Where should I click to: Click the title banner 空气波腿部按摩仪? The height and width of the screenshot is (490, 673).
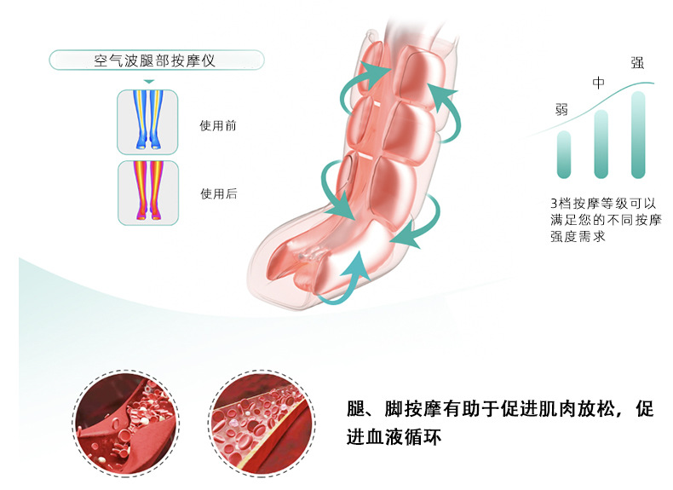click(x=157, y=61)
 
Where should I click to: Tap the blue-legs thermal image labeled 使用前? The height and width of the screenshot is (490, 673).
click(x=147, y=122)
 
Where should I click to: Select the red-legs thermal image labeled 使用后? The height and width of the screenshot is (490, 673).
click(x=147, y=193)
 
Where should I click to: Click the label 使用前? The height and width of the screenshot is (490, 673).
click(x=218, y=125)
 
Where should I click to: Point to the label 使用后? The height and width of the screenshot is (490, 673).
click(x=218, y=193)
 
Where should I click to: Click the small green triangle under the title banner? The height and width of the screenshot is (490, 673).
click(x=148, y=83)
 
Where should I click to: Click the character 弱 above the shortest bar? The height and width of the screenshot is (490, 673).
click(x=561, y=109)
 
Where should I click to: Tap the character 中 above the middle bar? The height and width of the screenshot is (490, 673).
click(x=599, y=84)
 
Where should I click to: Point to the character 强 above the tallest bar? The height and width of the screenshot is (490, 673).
click(x=636, y=62)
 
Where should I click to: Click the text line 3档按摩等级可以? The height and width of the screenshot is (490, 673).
click(x=603, y=204)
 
